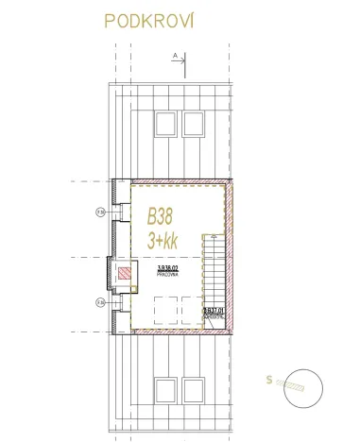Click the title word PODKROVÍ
(x=151, y=22)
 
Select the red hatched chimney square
(x=123, y=275)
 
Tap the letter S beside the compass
(x=269, y=381)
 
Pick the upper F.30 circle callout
(x=100, y=212)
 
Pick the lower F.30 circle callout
(x=100, y=301)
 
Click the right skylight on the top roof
(x=194, y=123)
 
